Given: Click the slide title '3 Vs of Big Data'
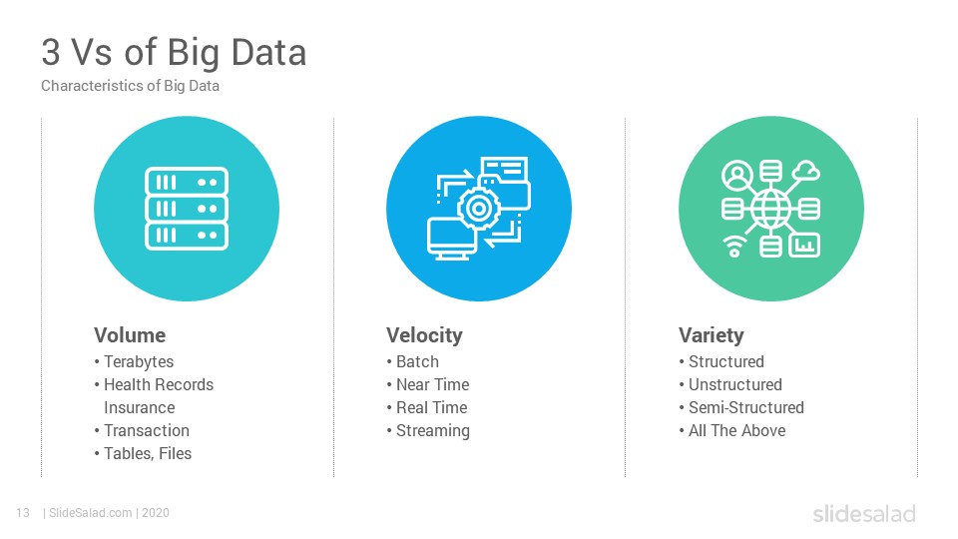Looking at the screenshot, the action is [x=174, y=53].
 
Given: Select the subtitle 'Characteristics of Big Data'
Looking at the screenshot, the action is [x=130, y=86].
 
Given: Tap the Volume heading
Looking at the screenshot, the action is [x=130, y=335].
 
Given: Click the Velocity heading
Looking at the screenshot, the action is [x=424, y=335].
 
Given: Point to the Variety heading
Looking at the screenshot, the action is [x=712, y=335].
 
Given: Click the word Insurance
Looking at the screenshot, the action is [x=140, y=407].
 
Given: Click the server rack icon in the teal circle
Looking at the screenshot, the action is [x=187, y=209].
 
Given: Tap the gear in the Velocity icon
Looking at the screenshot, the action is [x=478, y=209].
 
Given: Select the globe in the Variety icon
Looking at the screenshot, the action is [x=771, y=209].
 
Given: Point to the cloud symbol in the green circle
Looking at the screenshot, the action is [x=807, y=171].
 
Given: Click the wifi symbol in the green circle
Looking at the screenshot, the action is [x=734, y=247].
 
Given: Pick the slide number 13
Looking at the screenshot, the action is [x=23, y=513].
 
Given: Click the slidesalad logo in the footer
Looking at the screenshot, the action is [x=864, y=513].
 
